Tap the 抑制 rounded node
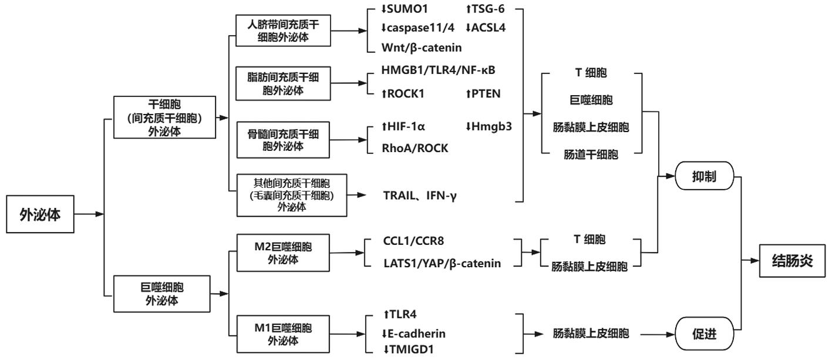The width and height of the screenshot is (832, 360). point(704,176)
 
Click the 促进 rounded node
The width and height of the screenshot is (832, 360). point(704,334)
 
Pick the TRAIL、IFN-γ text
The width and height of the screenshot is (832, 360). point(419,196)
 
